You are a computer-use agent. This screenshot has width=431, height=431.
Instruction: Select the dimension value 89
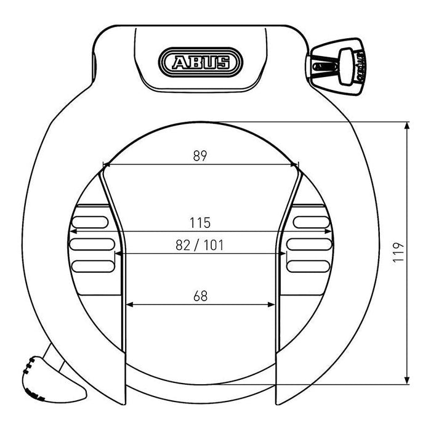(x=199, y=156)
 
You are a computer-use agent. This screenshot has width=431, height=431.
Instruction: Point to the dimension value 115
(x=200, y=222)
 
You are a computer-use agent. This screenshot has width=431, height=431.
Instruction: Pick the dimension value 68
(x=200, y=296)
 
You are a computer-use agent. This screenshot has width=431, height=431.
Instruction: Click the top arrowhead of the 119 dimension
(x=407, y=126)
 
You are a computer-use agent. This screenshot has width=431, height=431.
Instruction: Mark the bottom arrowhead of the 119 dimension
(x=407, y=381)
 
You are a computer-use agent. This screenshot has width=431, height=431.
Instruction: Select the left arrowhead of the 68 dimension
(x=129, y=304)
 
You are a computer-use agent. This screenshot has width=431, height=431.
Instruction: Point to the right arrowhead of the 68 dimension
(x=271, y=304)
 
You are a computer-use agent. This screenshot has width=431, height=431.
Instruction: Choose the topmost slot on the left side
(x=91, y=221)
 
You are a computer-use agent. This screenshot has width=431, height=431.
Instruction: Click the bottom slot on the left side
(x=93, y=267)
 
